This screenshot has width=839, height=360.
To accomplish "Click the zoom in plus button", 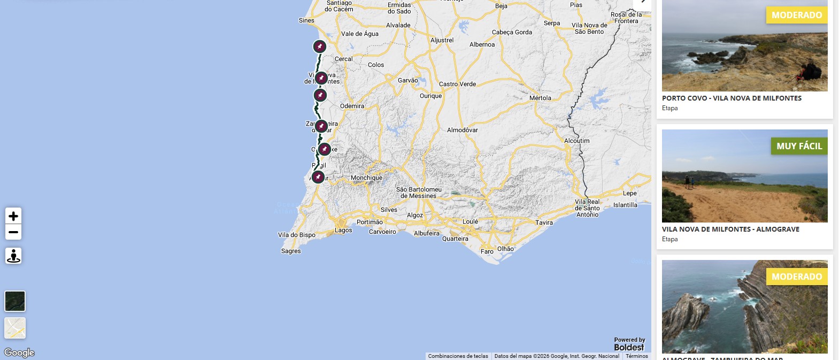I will click(13, 216).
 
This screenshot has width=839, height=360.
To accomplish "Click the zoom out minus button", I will click(13, 232).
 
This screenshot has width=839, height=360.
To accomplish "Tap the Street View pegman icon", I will click(13, 256).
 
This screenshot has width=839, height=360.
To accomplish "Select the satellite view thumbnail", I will click(15, 301).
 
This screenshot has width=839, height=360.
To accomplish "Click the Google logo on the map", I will click(19, 353).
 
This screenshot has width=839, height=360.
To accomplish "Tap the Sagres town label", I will click(291, 251).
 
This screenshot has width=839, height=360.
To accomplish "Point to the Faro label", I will click(487, 251).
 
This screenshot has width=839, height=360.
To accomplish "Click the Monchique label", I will click(366, 178).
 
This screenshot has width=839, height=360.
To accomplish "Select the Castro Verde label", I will click(457, 84).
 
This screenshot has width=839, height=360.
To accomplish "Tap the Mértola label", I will click(540, 98).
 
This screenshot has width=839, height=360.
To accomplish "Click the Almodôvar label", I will click(463, 130).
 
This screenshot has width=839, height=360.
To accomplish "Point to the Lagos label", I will click(343, 230).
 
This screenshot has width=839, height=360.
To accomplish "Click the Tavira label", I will click(544, 223).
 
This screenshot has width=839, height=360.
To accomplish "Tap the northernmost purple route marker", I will click(320, 47).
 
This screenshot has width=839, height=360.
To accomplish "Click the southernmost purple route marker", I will click(318, 177).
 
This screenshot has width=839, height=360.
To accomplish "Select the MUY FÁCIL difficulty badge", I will click(799, 146).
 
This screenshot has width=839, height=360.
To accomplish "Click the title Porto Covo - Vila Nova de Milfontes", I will click(732, 98).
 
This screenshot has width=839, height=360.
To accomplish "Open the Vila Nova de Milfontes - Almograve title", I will click(730, 229).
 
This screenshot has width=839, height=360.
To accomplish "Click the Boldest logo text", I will click(629, 347).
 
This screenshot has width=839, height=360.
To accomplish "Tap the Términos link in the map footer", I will click(637, 356).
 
